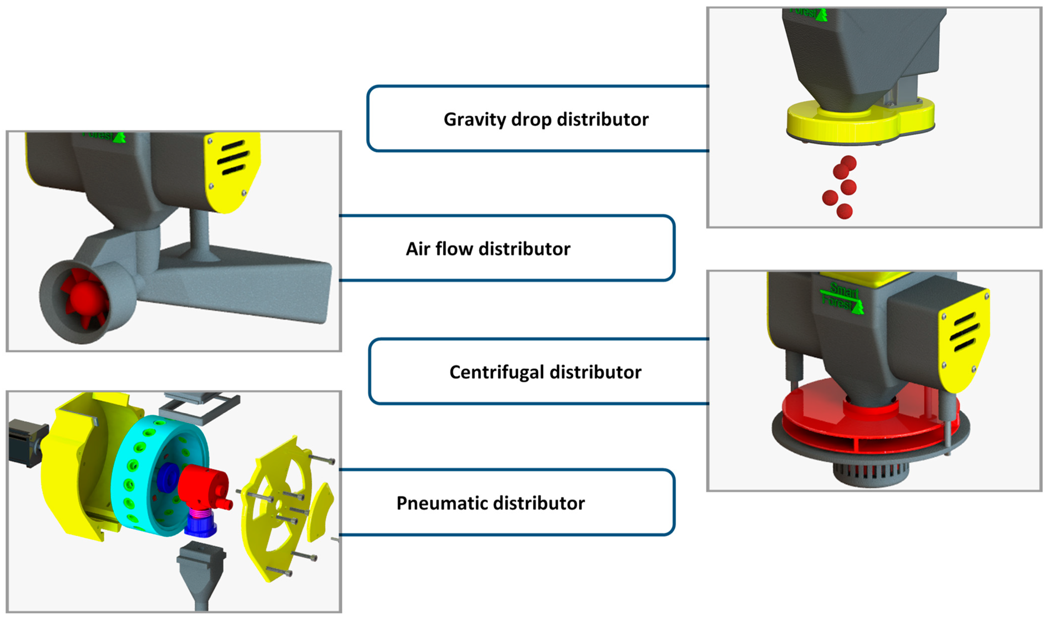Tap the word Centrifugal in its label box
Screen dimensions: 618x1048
pos(491,372)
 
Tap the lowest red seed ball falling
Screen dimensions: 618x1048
pos(845,211)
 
